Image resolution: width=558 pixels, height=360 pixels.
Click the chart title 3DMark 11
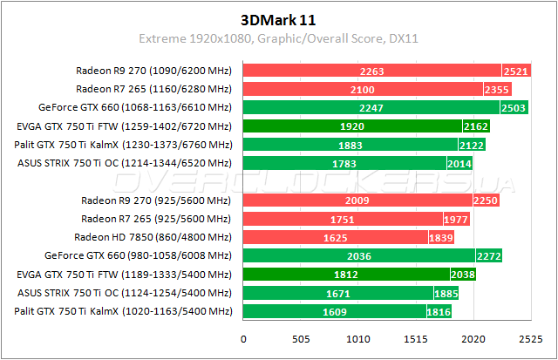pos(278,19)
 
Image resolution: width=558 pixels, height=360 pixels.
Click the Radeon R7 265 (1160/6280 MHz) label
pos(153,89)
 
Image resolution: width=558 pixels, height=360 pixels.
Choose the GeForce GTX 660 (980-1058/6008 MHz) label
pos(138,255)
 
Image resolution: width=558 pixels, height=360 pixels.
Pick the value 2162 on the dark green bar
pos(476,126)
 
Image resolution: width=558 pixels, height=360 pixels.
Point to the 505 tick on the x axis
pos(301,338)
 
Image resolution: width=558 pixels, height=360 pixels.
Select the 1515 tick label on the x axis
pos(416,338)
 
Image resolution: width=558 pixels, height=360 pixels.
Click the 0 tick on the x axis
pos(243,338)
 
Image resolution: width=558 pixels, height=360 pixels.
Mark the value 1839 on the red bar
pos(441,237)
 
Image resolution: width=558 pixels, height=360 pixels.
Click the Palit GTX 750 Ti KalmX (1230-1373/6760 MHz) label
pos(123,144)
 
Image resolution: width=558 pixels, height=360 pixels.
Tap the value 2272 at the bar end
pos(488,255)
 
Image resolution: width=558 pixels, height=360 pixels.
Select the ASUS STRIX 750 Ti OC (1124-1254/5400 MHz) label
pos(123,293)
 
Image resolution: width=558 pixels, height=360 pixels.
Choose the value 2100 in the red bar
pos(363,89)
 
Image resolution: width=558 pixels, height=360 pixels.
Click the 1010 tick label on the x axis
pos(358,338)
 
